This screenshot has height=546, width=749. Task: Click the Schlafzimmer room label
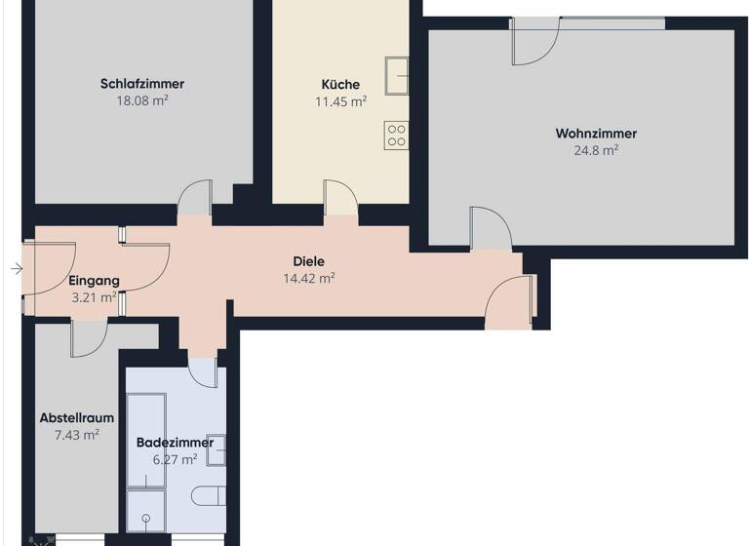[141, 84]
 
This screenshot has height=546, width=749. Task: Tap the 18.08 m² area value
[141, 99]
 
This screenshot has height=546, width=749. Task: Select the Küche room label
[340, 84]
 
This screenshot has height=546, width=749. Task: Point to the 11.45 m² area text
[340, 100]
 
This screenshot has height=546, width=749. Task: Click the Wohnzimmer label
[596, 134]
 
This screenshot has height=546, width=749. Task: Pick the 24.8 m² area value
[596, 150]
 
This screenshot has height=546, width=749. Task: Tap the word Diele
[308, 261]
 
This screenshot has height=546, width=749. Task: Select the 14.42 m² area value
[308, 278]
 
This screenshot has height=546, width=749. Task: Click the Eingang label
[94, 281]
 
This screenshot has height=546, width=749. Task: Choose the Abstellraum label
[76, 418]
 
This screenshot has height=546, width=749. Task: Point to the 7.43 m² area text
[76, 435]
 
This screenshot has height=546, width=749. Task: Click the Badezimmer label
[175, 442]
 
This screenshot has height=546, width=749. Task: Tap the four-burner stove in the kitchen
[396, 135]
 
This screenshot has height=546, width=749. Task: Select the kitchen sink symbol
[397, 72]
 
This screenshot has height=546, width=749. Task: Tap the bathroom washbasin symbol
[217, 450]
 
